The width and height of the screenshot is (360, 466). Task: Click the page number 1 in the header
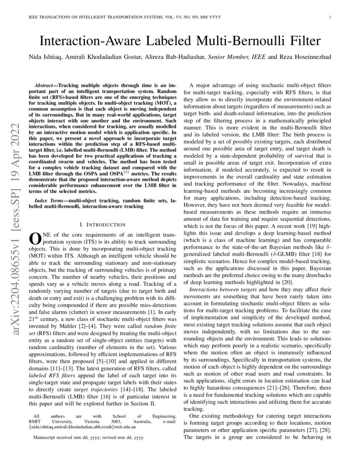[x=329, y=17]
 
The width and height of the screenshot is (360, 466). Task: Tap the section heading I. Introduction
[x=102, y=224]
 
